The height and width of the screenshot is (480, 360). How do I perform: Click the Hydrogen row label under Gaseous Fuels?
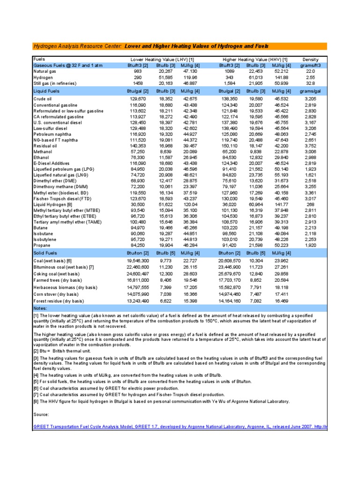click(x=43, y=76)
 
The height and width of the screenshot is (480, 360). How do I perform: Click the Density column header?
click(x=310, y=60)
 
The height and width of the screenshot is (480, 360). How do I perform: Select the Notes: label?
click(x=41, y=308)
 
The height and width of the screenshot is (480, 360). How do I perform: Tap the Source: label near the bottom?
click(x=41, y=414)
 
